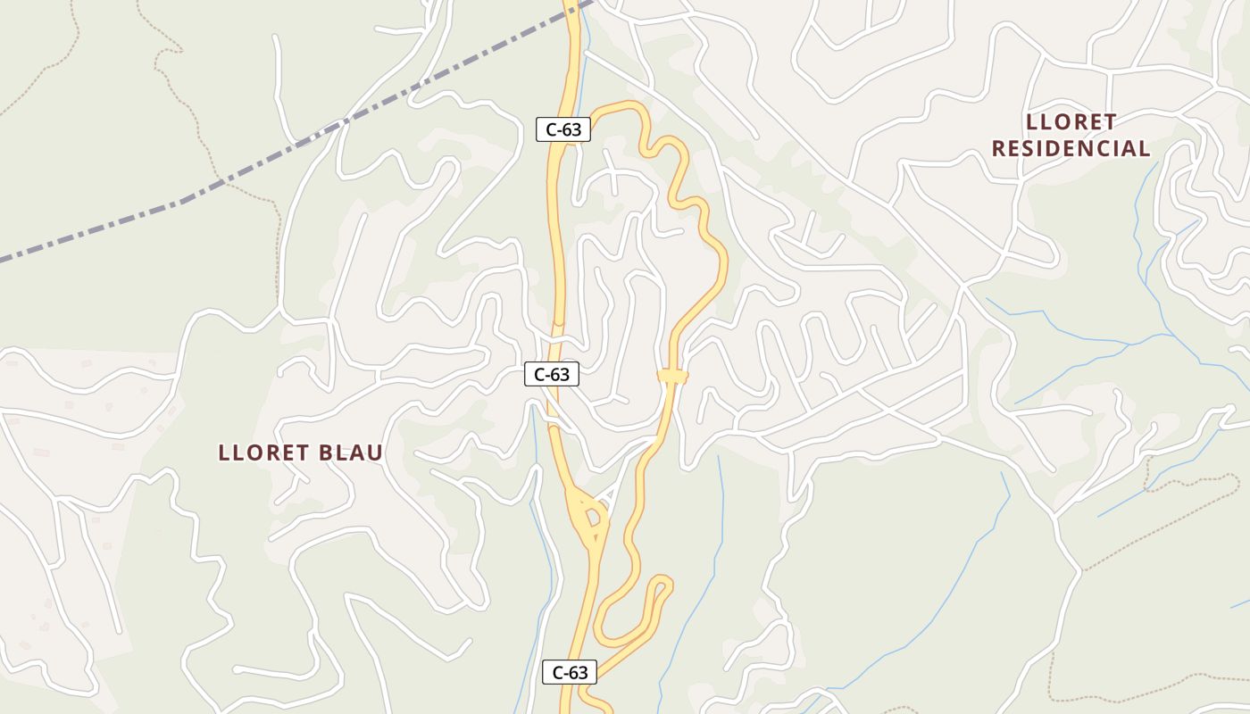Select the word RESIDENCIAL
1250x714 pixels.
[x=1071, y=149]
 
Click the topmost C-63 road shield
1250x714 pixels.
[x=563, y=129]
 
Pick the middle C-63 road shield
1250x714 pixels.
[x=552, y=375]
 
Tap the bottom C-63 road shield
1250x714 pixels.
[x=569, y=673]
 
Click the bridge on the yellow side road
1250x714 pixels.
[x=672, y=377]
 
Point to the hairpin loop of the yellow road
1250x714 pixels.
[x=662, y=586]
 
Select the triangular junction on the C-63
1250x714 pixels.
[x=589, y=516]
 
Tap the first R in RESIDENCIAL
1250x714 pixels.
[x=999, y=149]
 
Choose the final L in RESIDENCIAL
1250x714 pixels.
[x=1145, y=149]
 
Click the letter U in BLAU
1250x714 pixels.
[x=376, y=452]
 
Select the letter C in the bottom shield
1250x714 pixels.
[x=558, y=673]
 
